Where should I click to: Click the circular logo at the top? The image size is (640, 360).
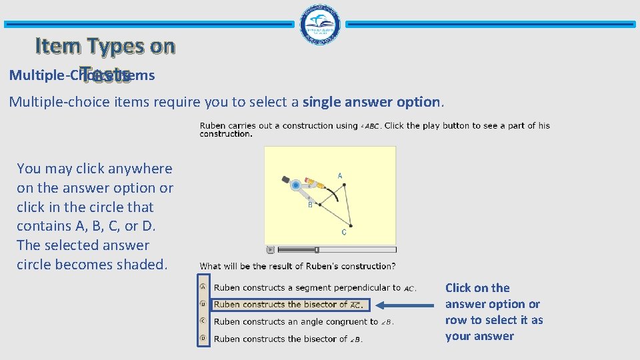tap(319, 24)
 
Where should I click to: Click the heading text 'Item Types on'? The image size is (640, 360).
tap(105, 46)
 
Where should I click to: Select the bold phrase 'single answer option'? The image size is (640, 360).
tap(371, 102)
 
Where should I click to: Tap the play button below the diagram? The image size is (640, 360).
tap(270, 250)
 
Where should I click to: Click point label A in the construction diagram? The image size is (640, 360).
tap(340, 176)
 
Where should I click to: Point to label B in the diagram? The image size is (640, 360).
tap(310, 205)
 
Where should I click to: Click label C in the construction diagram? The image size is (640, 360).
tap(344, 232)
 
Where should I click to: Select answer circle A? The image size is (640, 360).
tap(203, 287)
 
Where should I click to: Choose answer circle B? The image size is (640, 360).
tap(203, 304)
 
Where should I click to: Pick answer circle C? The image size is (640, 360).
tap(203, 321)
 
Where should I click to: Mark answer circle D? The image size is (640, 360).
tap(203, 338)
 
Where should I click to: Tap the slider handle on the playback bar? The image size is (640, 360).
tap(317, 250)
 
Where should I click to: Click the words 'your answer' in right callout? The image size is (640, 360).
tap(479, 336)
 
